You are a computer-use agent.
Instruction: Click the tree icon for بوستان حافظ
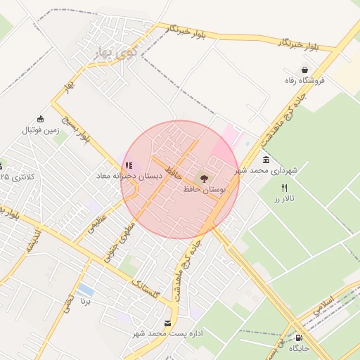(x=205, y=179)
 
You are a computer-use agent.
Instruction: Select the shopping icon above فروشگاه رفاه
(x=304, y=70)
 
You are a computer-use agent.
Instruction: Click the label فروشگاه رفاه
(x=304, y=81)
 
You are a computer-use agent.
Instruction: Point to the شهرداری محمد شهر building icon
(x=266, y=160)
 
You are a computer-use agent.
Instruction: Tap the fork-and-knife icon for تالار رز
(x=284, y=188)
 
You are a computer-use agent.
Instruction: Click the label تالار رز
(x=284, y=200)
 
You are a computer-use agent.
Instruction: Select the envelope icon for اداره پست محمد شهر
(x=167, y=323)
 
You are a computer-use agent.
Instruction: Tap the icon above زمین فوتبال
(x=40, y=120)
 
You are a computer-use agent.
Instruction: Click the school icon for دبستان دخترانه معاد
(x=128, y=165)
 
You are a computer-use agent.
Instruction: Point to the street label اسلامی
(x=326, y=303)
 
